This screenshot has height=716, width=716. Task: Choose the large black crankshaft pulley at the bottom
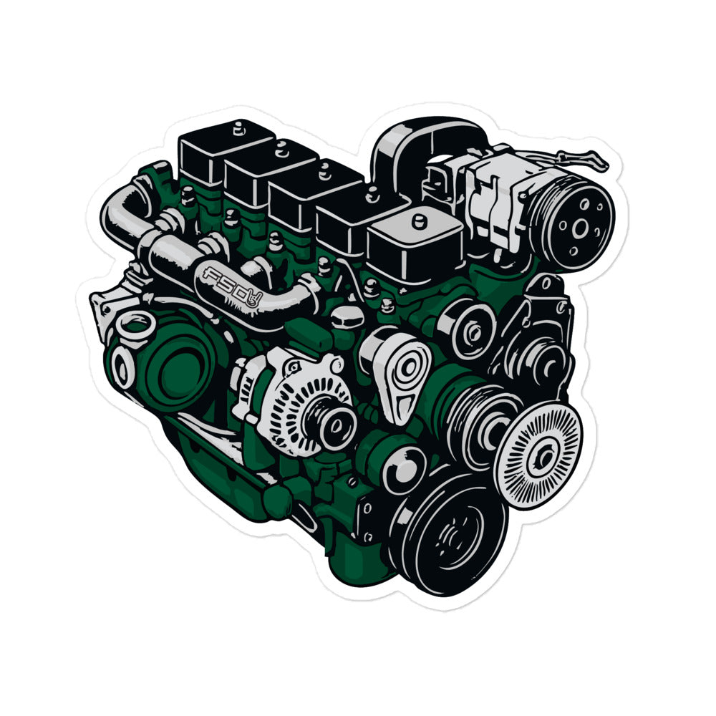click(x=450, y=534)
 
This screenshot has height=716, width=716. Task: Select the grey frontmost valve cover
click(x=415, y=244)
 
